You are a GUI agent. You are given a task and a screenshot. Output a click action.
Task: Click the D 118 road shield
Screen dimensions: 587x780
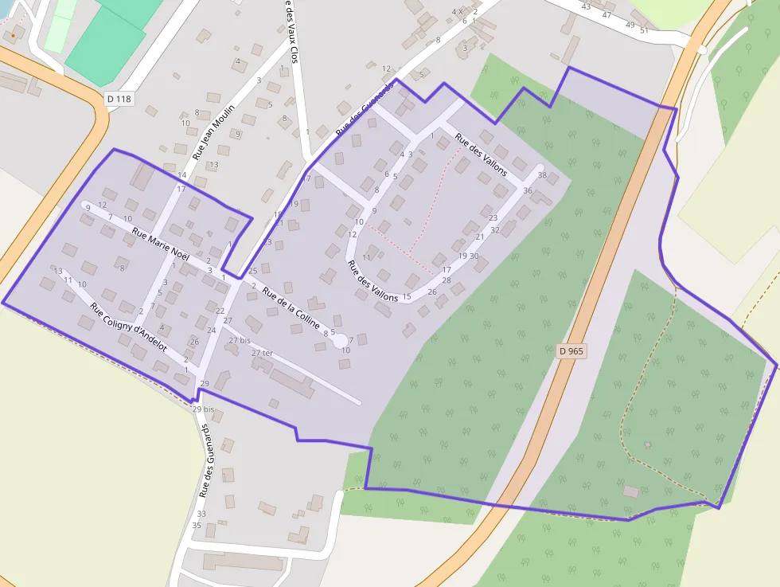pos(119,99)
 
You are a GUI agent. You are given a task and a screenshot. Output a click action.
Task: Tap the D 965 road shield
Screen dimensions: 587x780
pos(571,350)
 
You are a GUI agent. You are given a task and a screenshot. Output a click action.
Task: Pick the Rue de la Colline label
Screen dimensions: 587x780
pos(291,308)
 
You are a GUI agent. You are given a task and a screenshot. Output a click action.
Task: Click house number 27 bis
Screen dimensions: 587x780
pos(239,340)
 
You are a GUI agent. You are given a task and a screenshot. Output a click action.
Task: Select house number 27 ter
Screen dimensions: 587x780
pos(262,353)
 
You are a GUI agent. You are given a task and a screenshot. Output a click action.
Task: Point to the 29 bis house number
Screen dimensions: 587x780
pos(203,409)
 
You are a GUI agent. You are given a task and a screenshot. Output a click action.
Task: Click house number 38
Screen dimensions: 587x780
pos(542,175)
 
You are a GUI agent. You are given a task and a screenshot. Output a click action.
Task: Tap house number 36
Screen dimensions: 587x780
pos(528,190)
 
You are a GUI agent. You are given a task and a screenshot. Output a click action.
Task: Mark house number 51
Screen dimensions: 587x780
pos(644,30)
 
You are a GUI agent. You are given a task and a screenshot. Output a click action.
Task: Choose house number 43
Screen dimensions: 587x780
pos(586,6)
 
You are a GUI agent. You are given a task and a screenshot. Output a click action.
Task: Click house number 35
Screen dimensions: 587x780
pos(197,525)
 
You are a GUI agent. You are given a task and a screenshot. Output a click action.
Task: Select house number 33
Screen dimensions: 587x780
pos(201,514)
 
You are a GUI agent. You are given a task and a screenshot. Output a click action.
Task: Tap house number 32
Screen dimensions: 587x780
pos(495,230)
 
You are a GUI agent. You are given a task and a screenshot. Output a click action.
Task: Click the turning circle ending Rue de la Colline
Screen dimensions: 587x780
pos(340,341)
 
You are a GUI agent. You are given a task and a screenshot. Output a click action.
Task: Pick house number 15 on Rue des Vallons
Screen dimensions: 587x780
pos(407,297)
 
